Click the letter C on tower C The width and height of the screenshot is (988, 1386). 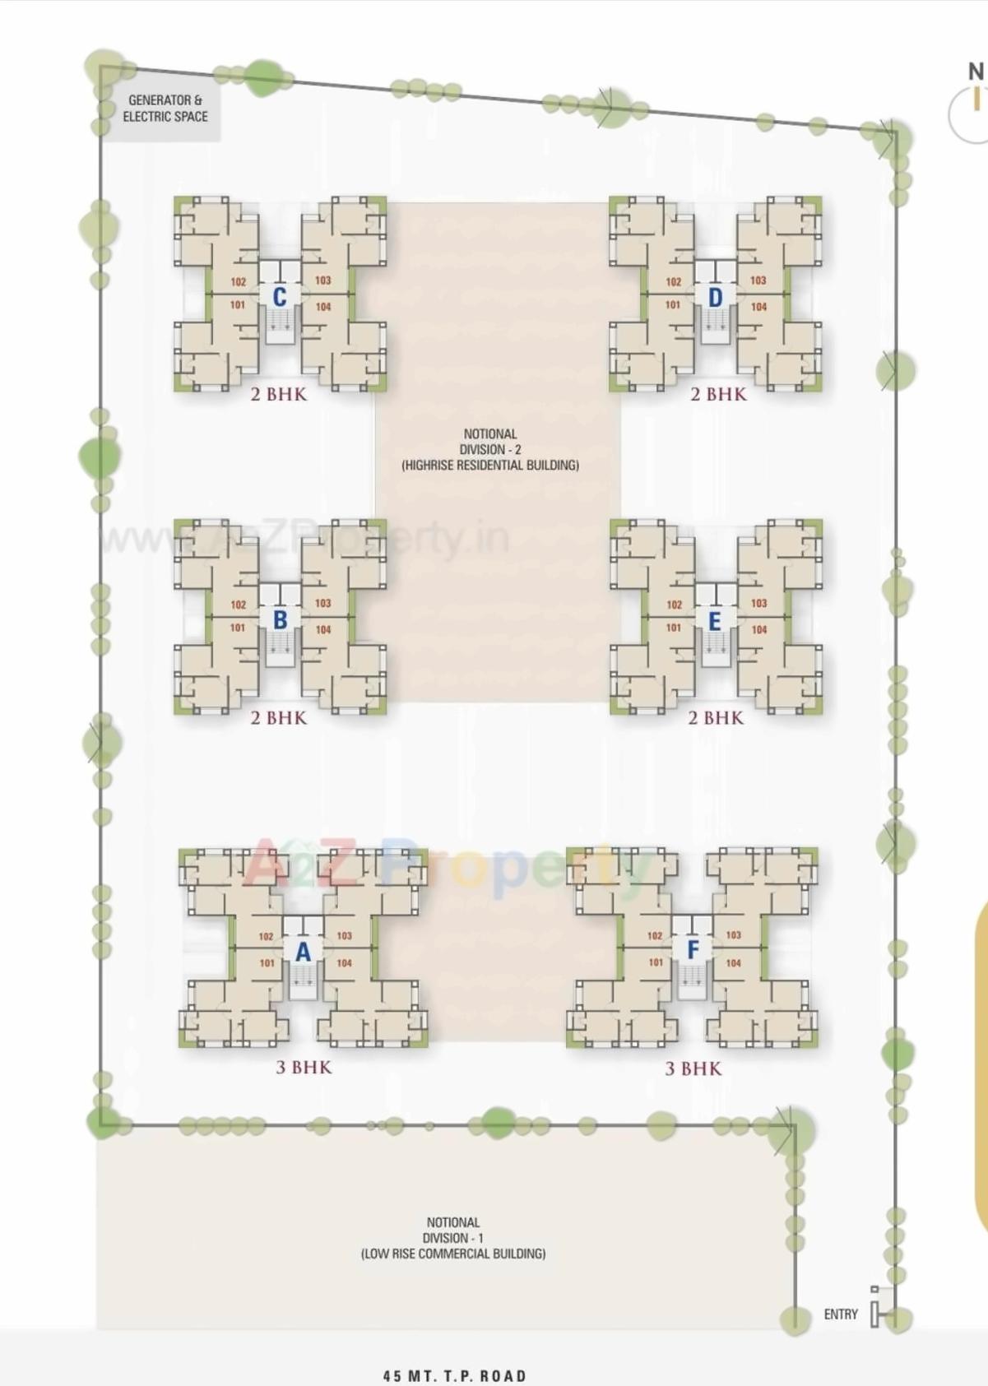point(280,297)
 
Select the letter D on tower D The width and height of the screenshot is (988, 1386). point(715,297)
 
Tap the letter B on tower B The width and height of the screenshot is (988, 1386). point(280,619)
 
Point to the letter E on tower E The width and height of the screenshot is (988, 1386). point(714,621)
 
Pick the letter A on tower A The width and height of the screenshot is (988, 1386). point(303,952)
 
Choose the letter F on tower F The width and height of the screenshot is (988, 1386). point(693,950)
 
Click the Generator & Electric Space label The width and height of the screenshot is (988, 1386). point(165,109)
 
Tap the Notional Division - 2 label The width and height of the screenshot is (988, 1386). point(490,449)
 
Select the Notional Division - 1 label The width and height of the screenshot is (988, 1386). point(453,1238)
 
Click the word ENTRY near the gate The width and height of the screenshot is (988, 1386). point(841,1314)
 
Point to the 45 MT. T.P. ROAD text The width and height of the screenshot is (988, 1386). point(455,1375)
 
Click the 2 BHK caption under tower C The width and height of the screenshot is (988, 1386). point(279,394)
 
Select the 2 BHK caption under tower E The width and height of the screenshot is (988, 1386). point(716,717)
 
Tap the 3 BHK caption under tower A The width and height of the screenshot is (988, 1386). point(304,1067)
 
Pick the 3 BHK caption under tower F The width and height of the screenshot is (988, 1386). point(693,1068)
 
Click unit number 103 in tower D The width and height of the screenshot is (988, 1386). point(758,280)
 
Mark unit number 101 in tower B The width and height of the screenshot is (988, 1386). point(238,628)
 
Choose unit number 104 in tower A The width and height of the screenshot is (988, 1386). point(344,962)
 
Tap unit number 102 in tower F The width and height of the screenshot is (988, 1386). point(655,935)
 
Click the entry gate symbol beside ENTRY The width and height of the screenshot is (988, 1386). point(876,1313)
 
